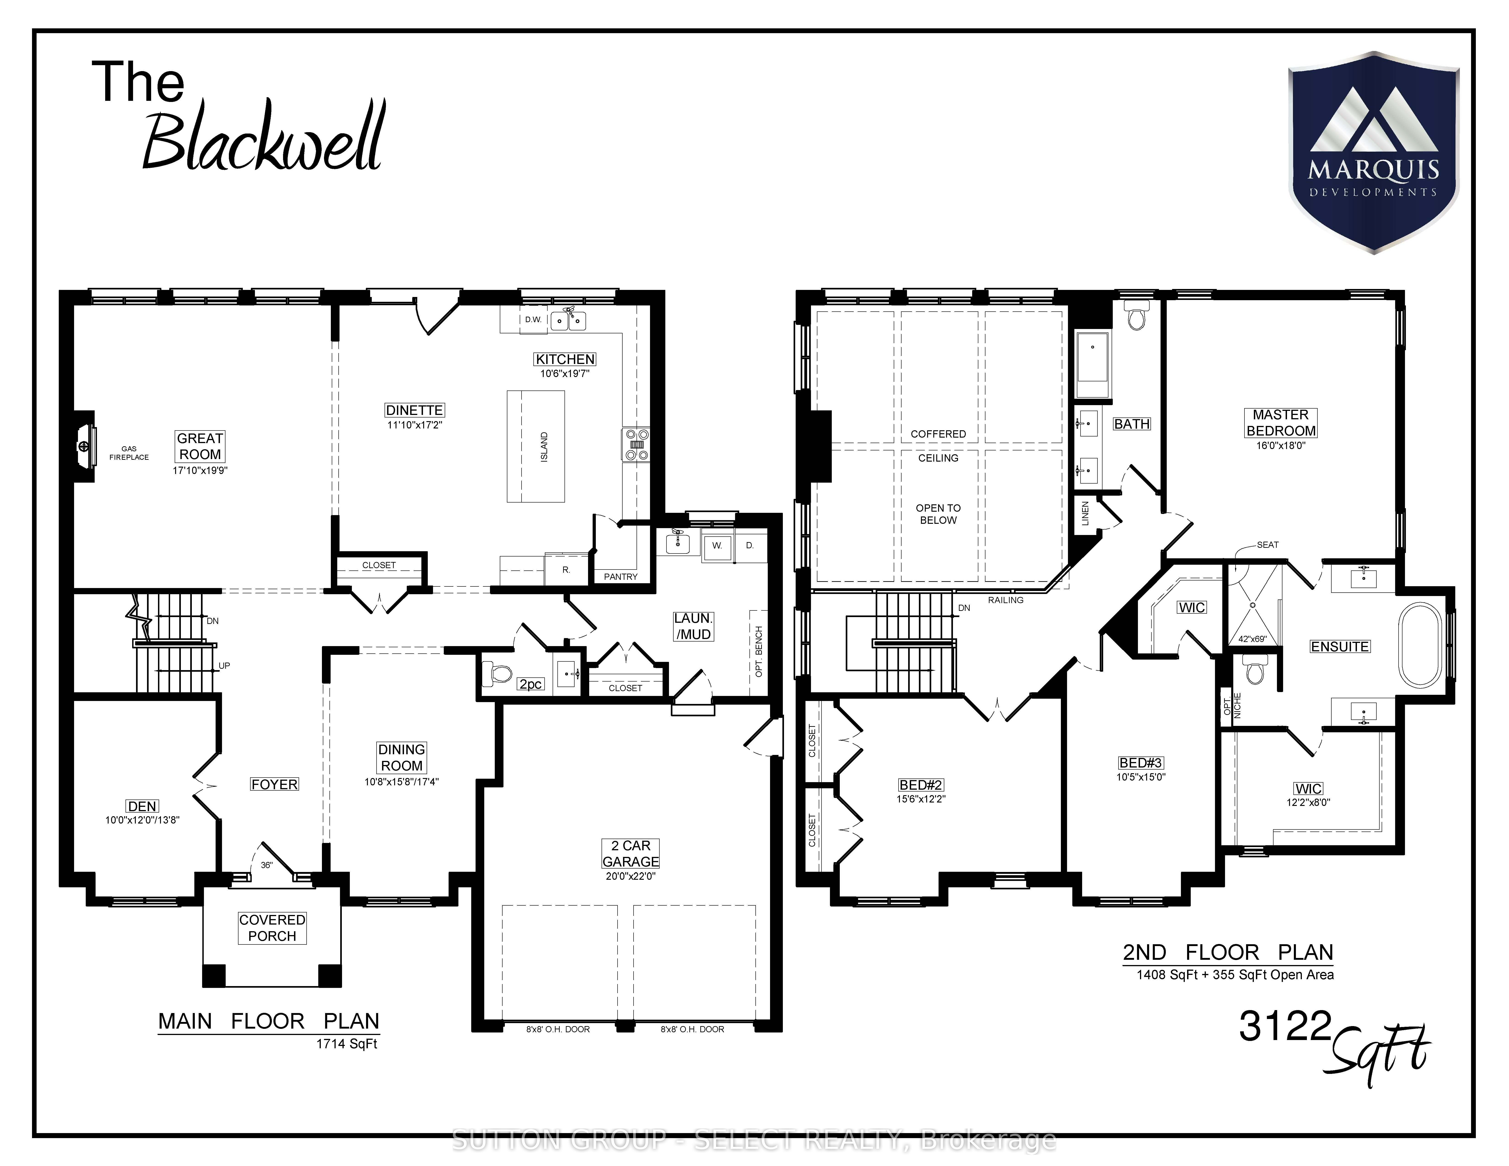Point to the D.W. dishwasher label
coord(533,320)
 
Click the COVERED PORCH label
coord(272,928)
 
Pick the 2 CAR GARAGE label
coord(631,853)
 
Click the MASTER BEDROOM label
coord(1281,423)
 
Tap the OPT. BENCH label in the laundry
coord(759,651)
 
